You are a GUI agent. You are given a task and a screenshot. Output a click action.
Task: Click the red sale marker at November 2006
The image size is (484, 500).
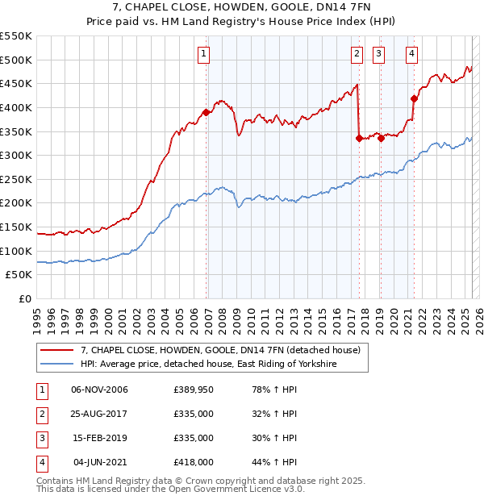tap(207, 112)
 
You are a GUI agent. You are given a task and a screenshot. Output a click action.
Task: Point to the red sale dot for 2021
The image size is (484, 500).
tap(414, 98)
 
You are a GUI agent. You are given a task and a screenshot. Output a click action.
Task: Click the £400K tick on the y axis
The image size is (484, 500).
tap(16, 107)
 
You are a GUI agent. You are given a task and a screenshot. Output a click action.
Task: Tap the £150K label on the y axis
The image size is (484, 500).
tap(16, 227)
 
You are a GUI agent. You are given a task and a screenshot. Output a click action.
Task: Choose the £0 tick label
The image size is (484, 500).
tap(24, 299)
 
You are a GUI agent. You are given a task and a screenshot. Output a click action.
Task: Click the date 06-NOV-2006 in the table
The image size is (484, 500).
tap(100, 390)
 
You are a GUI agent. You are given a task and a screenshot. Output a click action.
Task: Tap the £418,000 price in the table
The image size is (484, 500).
tap(194, 462)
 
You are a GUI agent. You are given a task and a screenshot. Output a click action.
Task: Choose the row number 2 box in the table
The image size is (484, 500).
tap(40, 414)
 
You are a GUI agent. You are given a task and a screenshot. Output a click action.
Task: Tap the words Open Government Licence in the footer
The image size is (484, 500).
tap(228, 490)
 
